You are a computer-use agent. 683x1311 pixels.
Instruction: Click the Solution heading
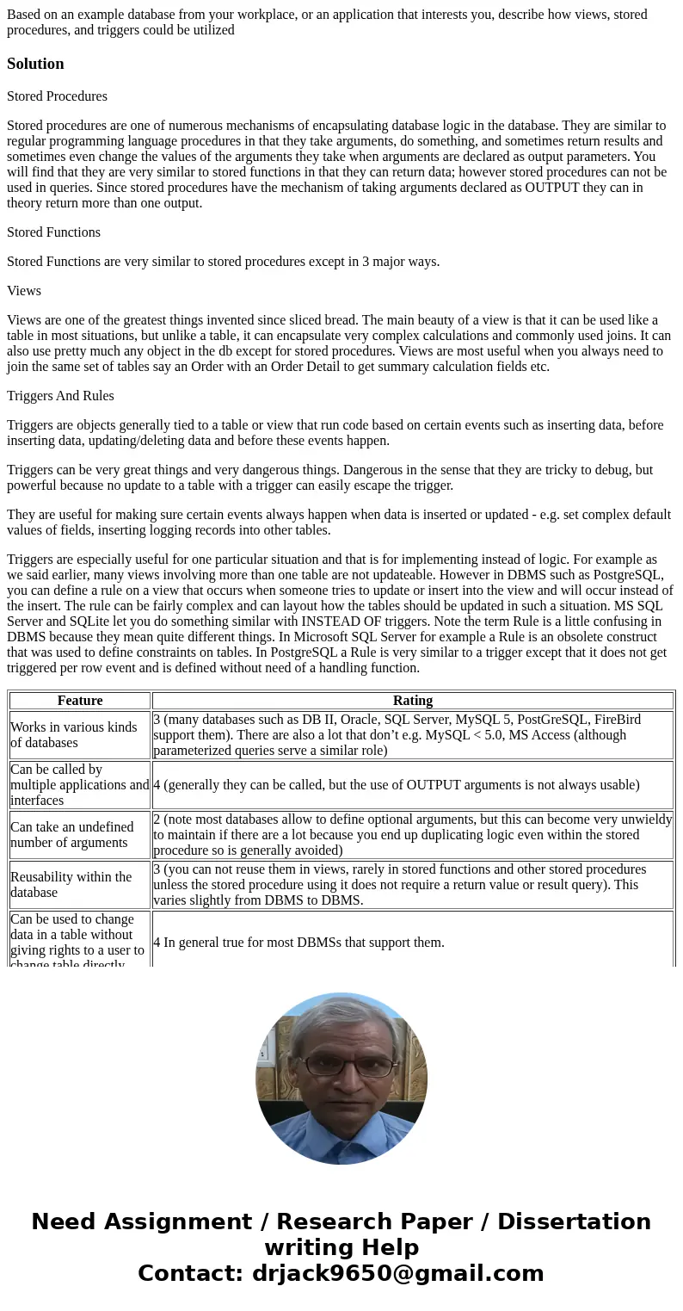35,64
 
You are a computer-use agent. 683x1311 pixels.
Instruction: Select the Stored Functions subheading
53,232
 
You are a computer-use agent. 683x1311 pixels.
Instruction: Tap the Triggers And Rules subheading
60,396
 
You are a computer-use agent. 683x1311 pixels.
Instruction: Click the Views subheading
24,291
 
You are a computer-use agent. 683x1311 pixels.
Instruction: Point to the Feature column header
80,701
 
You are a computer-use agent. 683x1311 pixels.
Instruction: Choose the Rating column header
413,701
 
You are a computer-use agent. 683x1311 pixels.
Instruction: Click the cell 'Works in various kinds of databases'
80,735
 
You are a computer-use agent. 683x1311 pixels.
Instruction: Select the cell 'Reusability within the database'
80,885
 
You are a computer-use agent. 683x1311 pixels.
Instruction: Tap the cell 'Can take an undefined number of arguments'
80,835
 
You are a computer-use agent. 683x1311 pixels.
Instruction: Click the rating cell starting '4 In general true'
298,943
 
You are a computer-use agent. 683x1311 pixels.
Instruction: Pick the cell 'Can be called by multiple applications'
80,785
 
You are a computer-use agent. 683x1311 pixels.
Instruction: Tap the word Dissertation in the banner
574,1222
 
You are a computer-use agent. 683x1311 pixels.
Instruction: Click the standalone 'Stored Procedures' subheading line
57,96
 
